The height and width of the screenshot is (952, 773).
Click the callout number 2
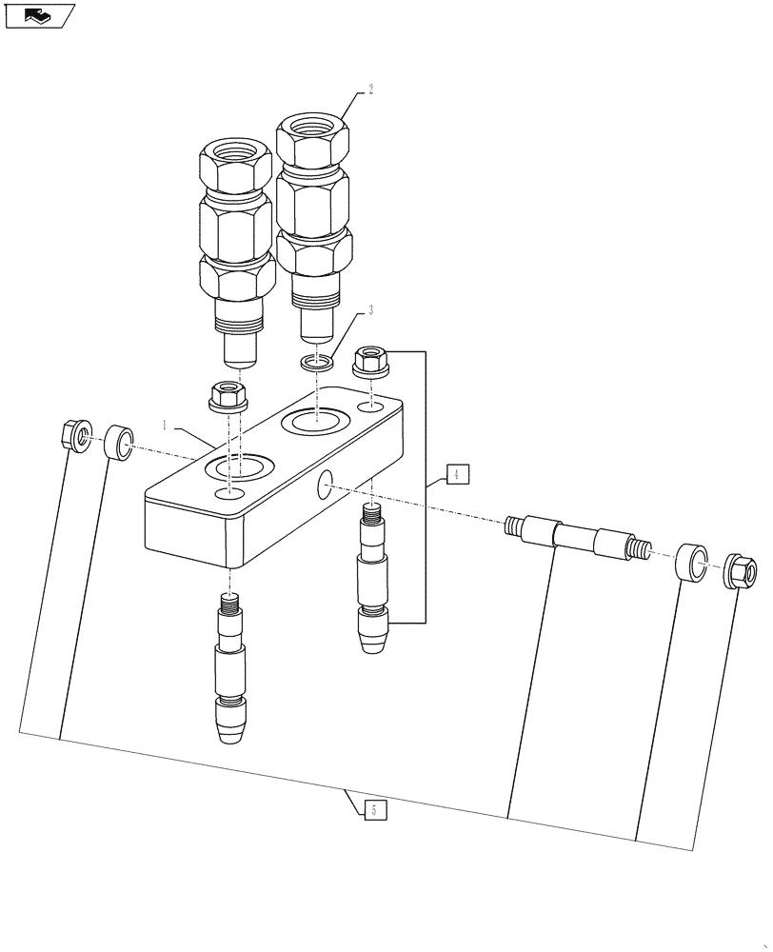[371, 89]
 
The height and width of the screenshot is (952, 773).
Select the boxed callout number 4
[456, 475]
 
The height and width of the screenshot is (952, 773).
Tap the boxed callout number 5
[374, 810]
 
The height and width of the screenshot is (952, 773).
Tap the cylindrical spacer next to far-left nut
[118, 443]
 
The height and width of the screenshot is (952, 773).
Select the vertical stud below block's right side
[373, 581]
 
